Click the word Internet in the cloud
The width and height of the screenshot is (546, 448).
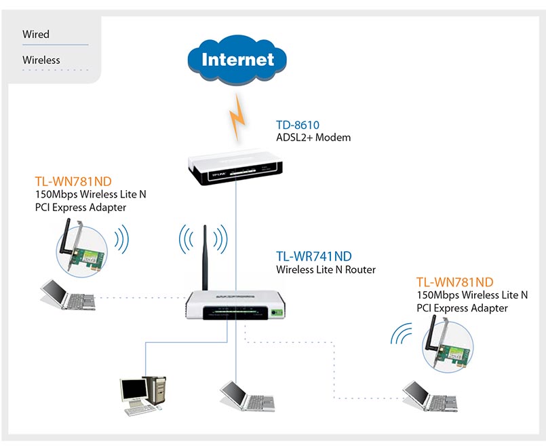coord(238,59)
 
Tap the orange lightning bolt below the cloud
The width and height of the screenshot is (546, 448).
coord(237,117)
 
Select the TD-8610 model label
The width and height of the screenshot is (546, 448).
coord(298,125)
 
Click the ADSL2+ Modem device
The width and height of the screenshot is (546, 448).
coord(235,166)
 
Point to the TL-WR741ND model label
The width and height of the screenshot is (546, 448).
coord(314,256)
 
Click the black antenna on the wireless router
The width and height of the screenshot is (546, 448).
coord(205,257)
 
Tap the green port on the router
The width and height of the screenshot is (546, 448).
coord(277,312)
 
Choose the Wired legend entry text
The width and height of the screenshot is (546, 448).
coord(36,34)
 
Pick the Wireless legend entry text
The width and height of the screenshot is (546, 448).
coord(41,60)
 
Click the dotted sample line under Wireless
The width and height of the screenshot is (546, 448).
coord(56,70)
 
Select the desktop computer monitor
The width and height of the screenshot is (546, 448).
coord(134,390)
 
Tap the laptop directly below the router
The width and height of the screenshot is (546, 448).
coord(248,396)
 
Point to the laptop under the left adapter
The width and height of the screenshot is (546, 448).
coord(68,295)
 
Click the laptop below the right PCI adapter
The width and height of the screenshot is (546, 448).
coord(430,396)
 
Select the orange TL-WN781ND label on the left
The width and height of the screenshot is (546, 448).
coord(73,181)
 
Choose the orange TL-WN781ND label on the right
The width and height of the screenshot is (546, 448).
coord(454,282)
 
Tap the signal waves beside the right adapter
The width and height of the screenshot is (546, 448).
coord(401,334)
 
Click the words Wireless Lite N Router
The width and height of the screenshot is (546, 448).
coord(326,269)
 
